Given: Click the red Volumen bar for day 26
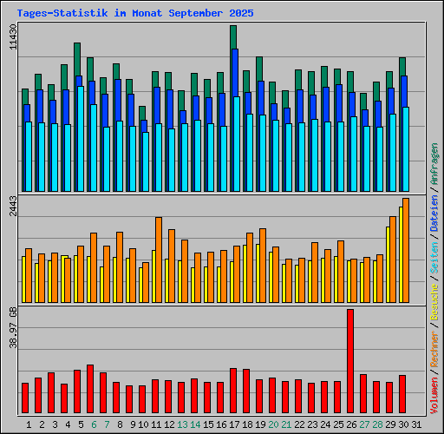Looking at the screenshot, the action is (x=350, y=361).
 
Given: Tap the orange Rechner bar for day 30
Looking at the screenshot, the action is (x=406, y=250).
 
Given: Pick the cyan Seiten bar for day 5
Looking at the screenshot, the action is (x=81, y=139).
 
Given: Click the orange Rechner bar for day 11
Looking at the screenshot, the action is (x=159, y=260).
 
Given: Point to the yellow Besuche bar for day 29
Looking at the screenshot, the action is (x=388, y=265).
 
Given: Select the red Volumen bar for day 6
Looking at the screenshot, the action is (x=90, y=389).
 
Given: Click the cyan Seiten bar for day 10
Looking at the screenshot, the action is (x=146, y=161).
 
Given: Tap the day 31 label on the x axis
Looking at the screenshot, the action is (x=416, y=424).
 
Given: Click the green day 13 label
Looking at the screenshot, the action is (x=182, y=424).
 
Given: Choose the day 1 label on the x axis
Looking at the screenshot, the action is (x=29, y=424).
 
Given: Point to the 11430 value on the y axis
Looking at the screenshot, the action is (x=13, y=36).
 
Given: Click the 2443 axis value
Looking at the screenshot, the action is (x=13, y=206).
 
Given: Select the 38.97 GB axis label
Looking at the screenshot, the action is (x=13, y=327).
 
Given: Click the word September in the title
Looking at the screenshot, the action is (x=196, y=13).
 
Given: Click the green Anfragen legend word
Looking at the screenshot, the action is (x=434, y=164).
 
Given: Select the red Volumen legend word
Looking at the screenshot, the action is (x=434, y=396).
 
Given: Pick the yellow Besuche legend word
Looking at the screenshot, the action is (x=434, y=302).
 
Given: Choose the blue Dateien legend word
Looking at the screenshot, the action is (x=434, y=213).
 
